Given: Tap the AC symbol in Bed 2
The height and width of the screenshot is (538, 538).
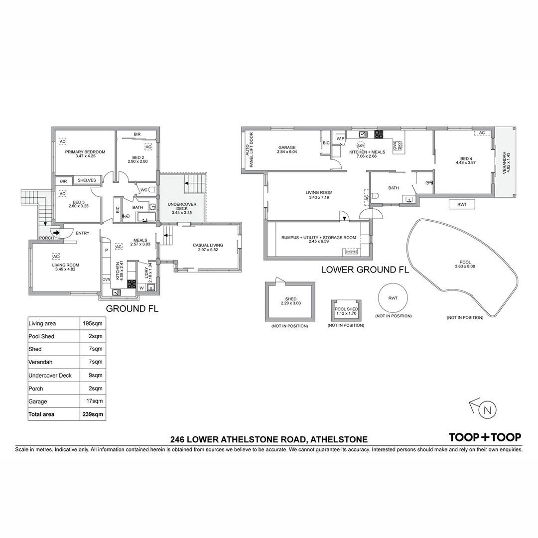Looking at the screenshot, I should pyautogui.click(x=148, y=147).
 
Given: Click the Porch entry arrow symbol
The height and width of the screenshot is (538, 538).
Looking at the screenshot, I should pyautogui.click(x=56, y=232).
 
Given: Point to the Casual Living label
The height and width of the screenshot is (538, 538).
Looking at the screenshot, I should pyautogui.click(x=208, y=245).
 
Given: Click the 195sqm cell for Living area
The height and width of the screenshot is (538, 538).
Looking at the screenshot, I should pyautogui.click(x=93, y=323).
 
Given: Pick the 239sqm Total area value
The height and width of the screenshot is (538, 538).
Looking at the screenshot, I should pyautogui.click(x=93, y=414).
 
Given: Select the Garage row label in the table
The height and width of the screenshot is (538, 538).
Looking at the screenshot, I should pyautogui.click(x=38, y=401).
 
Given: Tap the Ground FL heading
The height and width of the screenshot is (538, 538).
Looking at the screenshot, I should pyautogui.click(x=133, y=309).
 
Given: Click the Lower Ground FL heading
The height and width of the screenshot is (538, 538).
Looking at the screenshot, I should pyautogui.click(x=365, y=270).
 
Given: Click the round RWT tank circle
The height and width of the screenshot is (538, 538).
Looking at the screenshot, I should pyautogui.click(x=393, y=298).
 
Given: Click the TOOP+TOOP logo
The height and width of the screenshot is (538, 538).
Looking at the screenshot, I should pyautogui.click(x=485, y=437).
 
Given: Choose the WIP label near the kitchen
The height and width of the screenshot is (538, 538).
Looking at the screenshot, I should pyautogui.click(x=341, y=138).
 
